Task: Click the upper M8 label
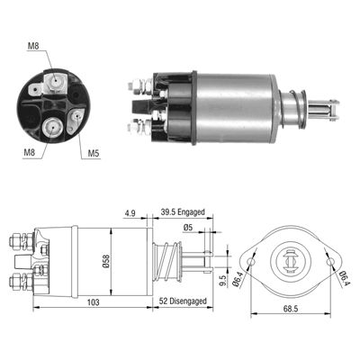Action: click(x=33, y=46)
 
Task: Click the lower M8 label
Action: click(x=30, y=152)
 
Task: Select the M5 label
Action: click(x=94, y=153)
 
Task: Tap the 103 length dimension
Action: click(x=93, y=301)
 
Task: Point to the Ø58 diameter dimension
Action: click(x=106, y=261)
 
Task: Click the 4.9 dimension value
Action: click(x=130, y=213)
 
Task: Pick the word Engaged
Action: click(x=191, y=212)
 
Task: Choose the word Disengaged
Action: click(x=187, y=301)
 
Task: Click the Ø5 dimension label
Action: click(x=187, y=228)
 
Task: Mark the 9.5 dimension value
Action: click(x=222, y=281)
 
